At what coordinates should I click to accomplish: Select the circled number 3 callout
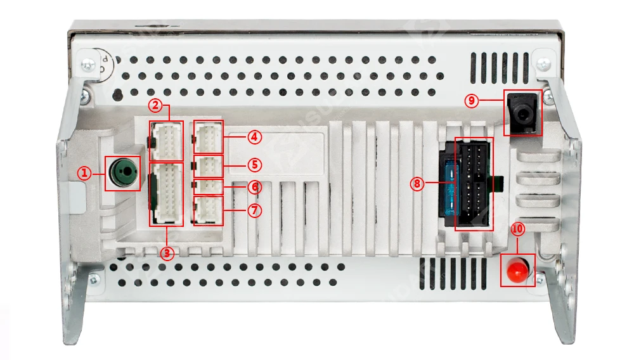(x=167, y=254)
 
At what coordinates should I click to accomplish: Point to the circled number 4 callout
(x=254, y=136)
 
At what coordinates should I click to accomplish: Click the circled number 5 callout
(x=254, y=165)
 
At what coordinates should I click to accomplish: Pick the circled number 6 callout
(x=254, y=187)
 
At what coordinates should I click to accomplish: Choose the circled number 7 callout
(x=254, y=210)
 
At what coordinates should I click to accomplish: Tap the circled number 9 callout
(x=470, y=100)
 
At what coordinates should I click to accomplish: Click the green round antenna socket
(x=122, y=172)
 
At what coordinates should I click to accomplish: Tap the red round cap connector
(x=518, y=271)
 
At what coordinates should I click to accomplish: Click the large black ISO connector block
(x=474, y=184)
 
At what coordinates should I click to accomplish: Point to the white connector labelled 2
(x=166, y=141)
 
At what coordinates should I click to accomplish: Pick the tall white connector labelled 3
(x=166, y=194)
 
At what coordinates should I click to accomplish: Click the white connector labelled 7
(x=208, y=210)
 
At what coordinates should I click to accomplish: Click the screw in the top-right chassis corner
(x=543, y=63)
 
